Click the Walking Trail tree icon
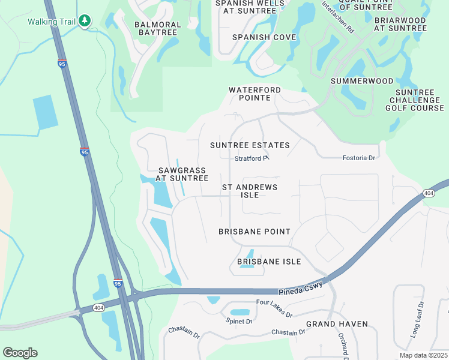point(85,21)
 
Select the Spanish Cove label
point(264,37)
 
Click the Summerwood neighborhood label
point(362,81)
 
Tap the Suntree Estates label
point(250,145)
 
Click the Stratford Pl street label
point(250,159)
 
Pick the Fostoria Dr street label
point(358,158)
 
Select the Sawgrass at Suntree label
point(182,174)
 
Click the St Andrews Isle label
point(250,191)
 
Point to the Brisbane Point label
point(255,232)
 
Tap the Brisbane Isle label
point(269,262)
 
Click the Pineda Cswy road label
point(301,290)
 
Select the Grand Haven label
point(337,324)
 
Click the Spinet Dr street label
point(240,322)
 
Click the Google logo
point(20,353)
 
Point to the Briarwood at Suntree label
point(400,23)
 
